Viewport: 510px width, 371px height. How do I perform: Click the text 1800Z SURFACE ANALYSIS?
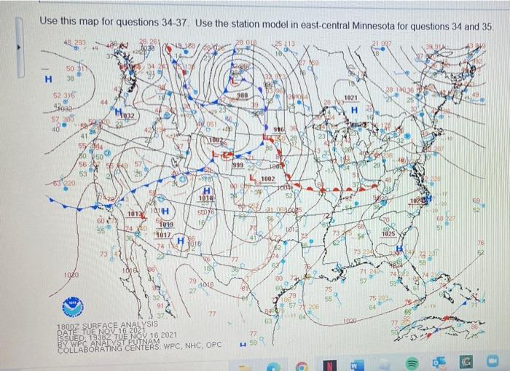pos(106,324)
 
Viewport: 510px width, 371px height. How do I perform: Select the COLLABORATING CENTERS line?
pos(138,345)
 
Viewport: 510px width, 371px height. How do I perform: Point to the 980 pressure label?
pos(242,95)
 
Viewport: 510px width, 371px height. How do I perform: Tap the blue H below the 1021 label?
pos(353,109)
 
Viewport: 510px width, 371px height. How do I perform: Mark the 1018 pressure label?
pos(206,198)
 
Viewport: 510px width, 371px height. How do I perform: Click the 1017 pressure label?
pos(163,235)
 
